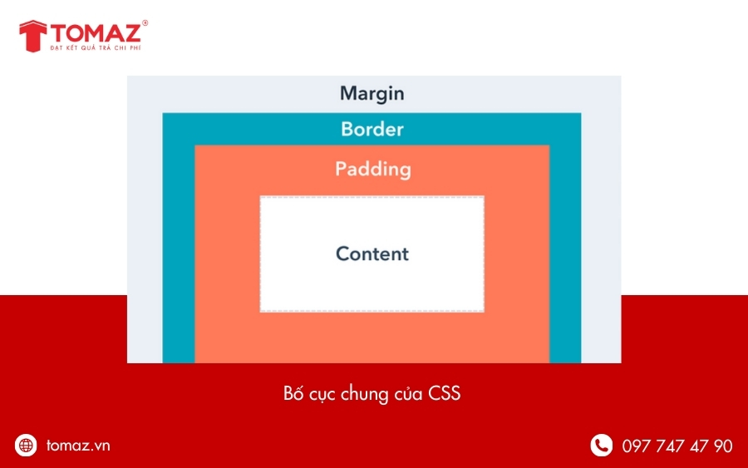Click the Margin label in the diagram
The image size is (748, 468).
pos(372,93)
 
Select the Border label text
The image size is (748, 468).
pos(372,130)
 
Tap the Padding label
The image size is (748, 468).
pos(372,169)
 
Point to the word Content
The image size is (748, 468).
pos(372,254)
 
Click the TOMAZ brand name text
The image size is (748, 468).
pos(97,34)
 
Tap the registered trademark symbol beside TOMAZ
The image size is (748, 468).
pos(145,23)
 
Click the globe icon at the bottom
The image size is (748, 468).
pos(27,446)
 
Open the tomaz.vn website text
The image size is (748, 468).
pos(78,446)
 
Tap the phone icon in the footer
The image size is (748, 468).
pos(601,446)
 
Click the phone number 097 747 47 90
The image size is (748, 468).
pos(677,446)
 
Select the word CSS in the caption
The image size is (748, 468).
pos(445,394)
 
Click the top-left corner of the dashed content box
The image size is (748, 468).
pos(260,197)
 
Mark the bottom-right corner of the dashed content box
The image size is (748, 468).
pos(484,312)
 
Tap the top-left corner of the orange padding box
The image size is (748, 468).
pos(195,145)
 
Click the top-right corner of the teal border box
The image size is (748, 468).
pos(580,113)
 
